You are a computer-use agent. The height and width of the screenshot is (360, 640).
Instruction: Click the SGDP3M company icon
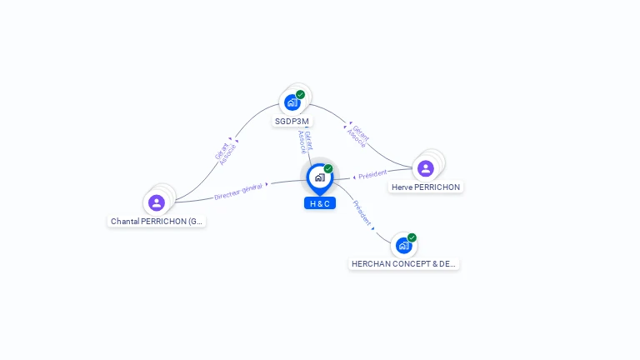pyautogui.click(x=292, y=102)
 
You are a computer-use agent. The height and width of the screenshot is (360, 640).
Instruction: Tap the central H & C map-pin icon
pyautogui.click(x=319, y=177)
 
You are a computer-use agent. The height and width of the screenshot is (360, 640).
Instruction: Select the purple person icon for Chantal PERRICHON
pyautogui.click(x=157, y=202)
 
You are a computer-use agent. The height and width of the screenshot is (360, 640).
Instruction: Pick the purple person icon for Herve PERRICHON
pyautogui.click(x=426, y=168)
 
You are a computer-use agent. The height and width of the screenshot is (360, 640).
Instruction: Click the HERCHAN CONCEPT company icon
pyautogui.click(x=403, y=246)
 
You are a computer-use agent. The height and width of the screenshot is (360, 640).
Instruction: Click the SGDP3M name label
pyautogui.click(x=292, y=122)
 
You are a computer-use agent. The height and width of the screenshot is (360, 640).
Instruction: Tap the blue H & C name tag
pyautogui.click(x=320, y=203)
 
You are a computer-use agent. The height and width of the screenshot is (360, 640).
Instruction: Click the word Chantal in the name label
pyautogui.click(x=125, y=222)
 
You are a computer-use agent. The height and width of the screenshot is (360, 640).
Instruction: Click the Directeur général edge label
pyautogui.click(x=238, y=191)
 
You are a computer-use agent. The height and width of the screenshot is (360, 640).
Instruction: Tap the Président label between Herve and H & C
pyautogui.click(x=372, y=174)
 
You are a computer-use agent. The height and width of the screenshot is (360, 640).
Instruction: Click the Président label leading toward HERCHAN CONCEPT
pyautogui.click(x=362, y=213)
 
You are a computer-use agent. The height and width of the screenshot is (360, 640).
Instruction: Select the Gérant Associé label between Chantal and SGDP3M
pyautogui.click(x=226, y=152)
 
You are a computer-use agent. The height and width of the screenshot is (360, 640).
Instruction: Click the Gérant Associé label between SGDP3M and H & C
pyautogui.click(x=306, y=142)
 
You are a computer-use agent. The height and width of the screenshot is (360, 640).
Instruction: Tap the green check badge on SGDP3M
pyautogui.click(x=301, y=94)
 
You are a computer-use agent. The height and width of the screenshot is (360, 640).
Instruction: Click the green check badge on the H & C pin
pyautogui.click(x=328, y=168)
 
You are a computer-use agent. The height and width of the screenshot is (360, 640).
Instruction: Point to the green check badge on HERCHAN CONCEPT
pyautogui.click(x=412, y=237)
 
